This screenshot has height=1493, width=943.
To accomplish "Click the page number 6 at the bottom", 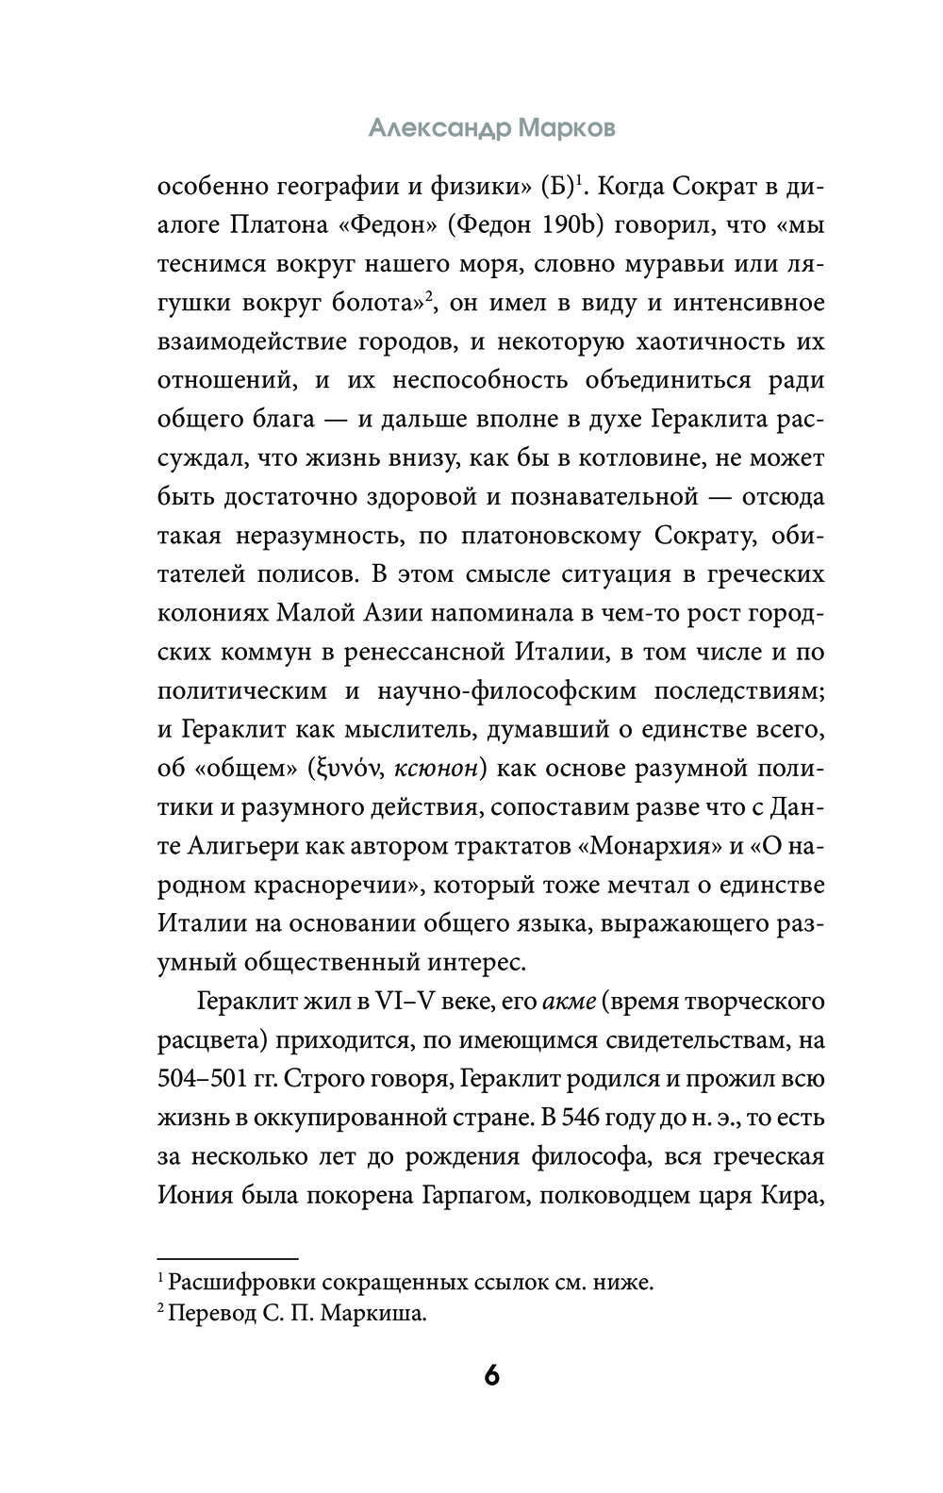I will point(491,1375).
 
